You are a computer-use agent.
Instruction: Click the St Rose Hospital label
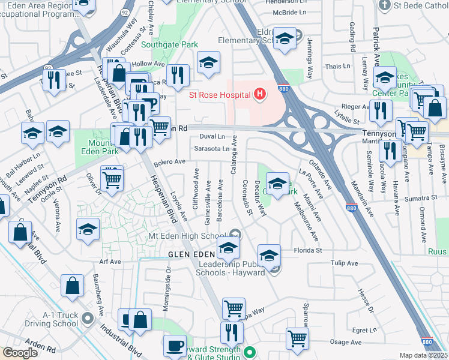click(219, 94)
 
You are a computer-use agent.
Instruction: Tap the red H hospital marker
click(259, 94)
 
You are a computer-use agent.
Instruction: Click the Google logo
click(19, 353)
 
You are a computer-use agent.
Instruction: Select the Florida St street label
click(308, 250)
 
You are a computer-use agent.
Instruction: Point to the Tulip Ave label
click(344, 263)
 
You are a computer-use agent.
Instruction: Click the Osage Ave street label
click(346, 342)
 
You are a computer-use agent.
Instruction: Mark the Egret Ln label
click(364, 330)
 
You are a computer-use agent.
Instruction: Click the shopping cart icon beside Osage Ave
click(297, 338)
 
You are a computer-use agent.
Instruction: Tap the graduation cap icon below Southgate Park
click(208, 62)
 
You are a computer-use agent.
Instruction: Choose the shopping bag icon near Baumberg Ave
click(72, 287)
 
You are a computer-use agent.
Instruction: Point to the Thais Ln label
click(337, 66)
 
